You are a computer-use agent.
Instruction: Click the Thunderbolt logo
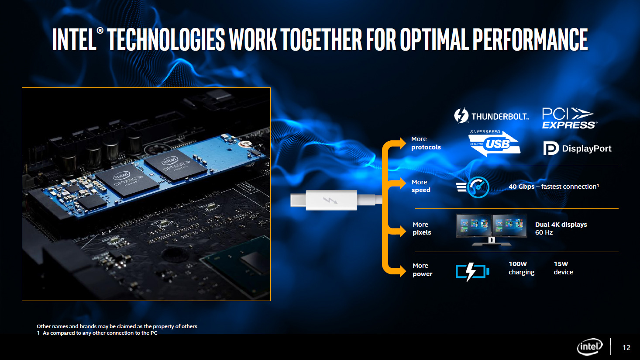pos(491,115)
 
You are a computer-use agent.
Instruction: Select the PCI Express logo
pos(569,118)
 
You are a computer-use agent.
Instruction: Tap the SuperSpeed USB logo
pos(494,143)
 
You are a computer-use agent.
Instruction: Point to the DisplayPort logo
pos(577,148)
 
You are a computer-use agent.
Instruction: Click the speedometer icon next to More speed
pos(473,187)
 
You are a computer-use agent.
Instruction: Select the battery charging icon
pos(472,271)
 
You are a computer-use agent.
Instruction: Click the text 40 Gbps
pos(521,187)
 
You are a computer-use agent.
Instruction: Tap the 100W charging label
pos(521,268)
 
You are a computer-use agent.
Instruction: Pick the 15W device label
pos(564,268)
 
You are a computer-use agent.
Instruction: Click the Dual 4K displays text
pos(561,225)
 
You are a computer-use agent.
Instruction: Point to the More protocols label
pos(426,143)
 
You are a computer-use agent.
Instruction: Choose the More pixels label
pos(422,228)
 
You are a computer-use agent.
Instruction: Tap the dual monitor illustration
pos(492,230)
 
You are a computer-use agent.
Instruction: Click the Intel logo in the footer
pos(590,347)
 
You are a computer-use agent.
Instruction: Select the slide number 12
pos(626,347)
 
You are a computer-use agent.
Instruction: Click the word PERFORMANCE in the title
pos(530,39)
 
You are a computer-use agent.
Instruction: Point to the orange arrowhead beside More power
pos(403,270)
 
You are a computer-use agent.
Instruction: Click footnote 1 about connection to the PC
pos(97,333)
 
